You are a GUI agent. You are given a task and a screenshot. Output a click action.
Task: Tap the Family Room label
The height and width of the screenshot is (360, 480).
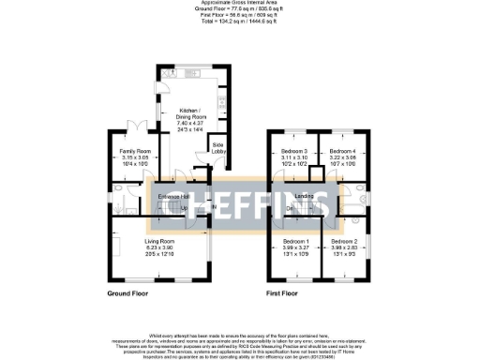pos(135,151)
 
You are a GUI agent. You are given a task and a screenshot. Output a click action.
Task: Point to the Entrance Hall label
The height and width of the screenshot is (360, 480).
pos(175,196)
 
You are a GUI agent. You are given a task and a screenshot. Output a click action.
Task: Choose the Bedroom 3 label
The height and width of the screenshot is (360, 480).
pos(294,152)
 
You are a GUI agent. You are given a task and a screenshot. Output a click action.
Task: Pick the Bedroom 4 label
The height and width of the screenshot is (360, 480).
pos(342,152)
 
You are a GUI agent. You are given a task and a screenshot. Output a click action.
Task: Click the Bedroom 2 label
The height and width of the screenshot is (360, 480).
pos(344,243)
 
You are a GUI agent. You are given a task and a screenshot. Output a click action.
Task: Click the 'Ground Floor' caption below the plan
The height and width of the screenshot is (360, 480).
pos(127,292)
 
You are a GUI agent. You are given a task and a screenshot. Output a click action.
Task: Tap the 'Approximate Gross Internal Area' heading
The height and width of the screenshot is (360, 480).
pos(240,4)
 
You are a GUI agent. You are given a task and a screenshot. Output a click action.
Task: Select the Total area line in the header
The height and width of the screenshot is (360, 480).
pos(240,21)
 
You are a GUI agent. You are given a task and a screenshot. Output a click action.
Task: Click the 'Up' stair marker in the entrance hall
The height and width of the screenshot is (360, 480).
pos(184,207)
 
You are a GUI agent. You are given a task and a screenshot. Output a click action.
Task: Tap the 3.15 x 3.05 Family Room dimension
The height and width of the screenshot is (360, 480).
pos(135,157)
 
